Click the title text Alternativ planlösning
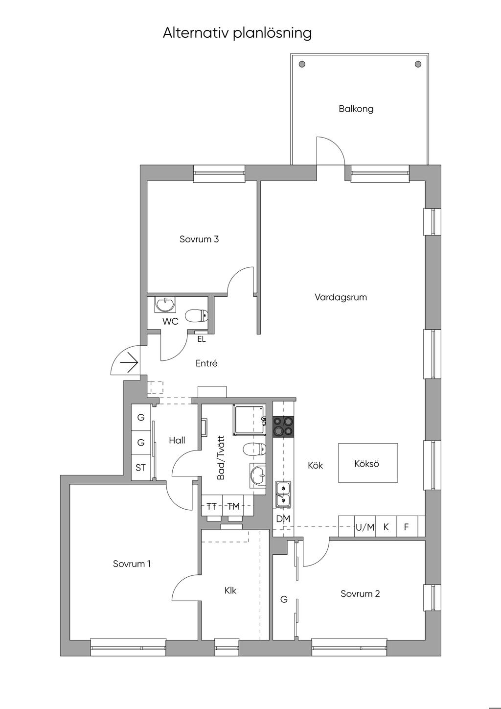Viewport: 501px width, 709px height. [237, 33]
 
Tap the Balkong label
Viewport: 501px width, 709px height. [356, 109]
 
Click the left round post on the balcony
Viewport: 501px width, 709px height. [302, 64]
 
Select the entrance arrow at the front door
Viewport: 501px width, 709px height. [129, 363]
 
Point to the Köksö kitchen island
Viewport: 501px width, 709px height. [367, 463]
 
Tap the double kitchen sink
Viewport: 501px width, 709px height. [283, 494]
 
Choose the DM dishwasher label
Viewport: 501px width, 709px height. [283, 519]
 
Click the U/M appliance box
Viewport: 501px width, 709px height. [365, 527]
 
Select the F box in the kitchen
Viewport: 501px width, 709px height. [406, 527]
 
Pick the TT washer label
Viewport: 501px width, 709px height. [211, 506]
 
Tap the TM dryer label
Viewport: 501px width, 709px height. [233, 506]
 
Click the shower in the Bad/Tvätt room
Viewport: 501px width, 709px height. [250, 419]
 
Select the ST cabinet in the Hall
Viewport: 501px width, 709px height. [141, 468]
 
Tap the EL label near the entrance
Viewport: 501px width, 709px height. [202, 339]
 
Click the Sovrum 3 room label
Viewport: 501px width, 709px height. [199, 239]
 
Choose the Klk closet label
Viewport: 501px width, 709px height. [230, 591]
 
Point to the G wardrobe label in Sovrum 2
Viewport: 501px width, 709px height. [284, 599]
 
